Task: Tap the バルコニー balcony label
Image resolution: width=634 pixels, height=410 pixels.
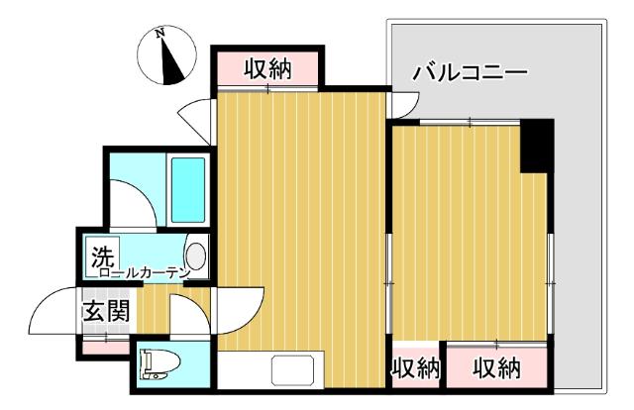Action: pos(469,72)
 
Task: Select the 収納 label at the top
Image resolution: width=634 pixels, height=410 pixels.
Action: pos(267,68)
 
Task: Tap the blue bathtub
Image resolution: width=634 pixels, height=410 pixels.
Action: pos(187,187)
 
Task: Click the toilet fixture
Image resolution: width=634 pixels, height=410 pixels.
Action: pos(159,365)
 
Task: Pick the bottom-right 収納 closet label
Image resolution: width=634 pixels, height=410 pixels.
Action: pos(495,368)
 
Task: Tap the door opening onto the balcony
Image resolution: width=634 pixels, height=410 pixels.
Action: pos(406,104)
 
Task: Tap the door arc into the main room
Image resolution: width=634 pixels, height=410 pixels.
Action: pos(238,312)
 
